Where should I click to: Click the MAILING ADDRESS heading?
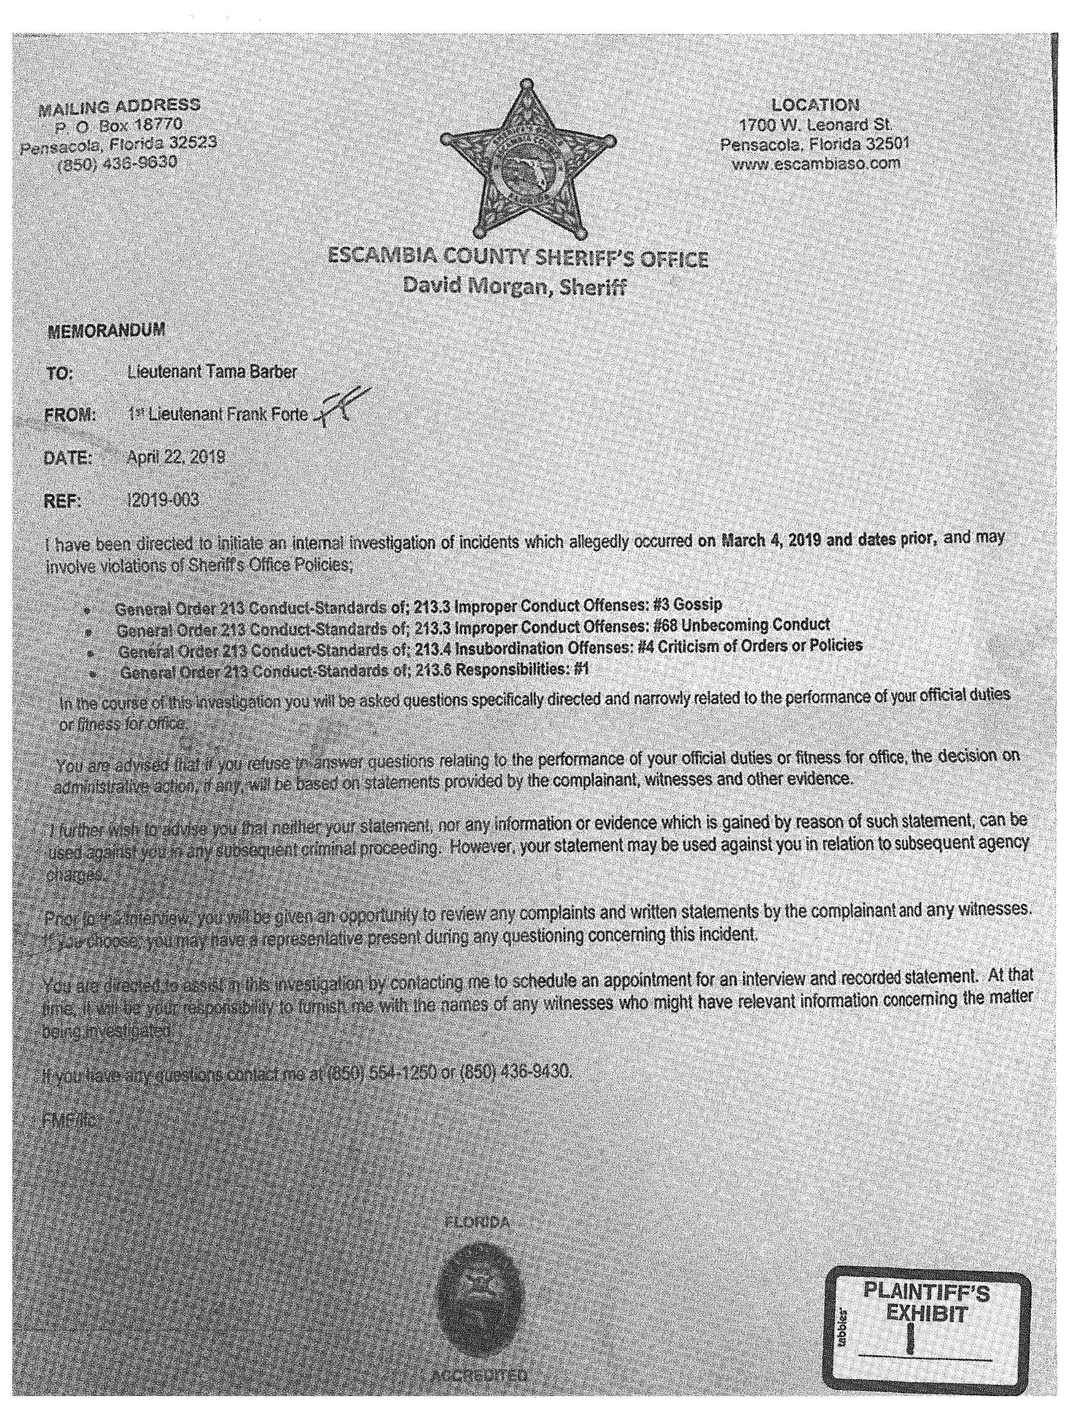[119, 106]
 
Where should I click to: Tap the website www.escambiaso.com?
[816, 163]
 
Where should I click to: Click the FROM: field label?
[70, 415]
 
